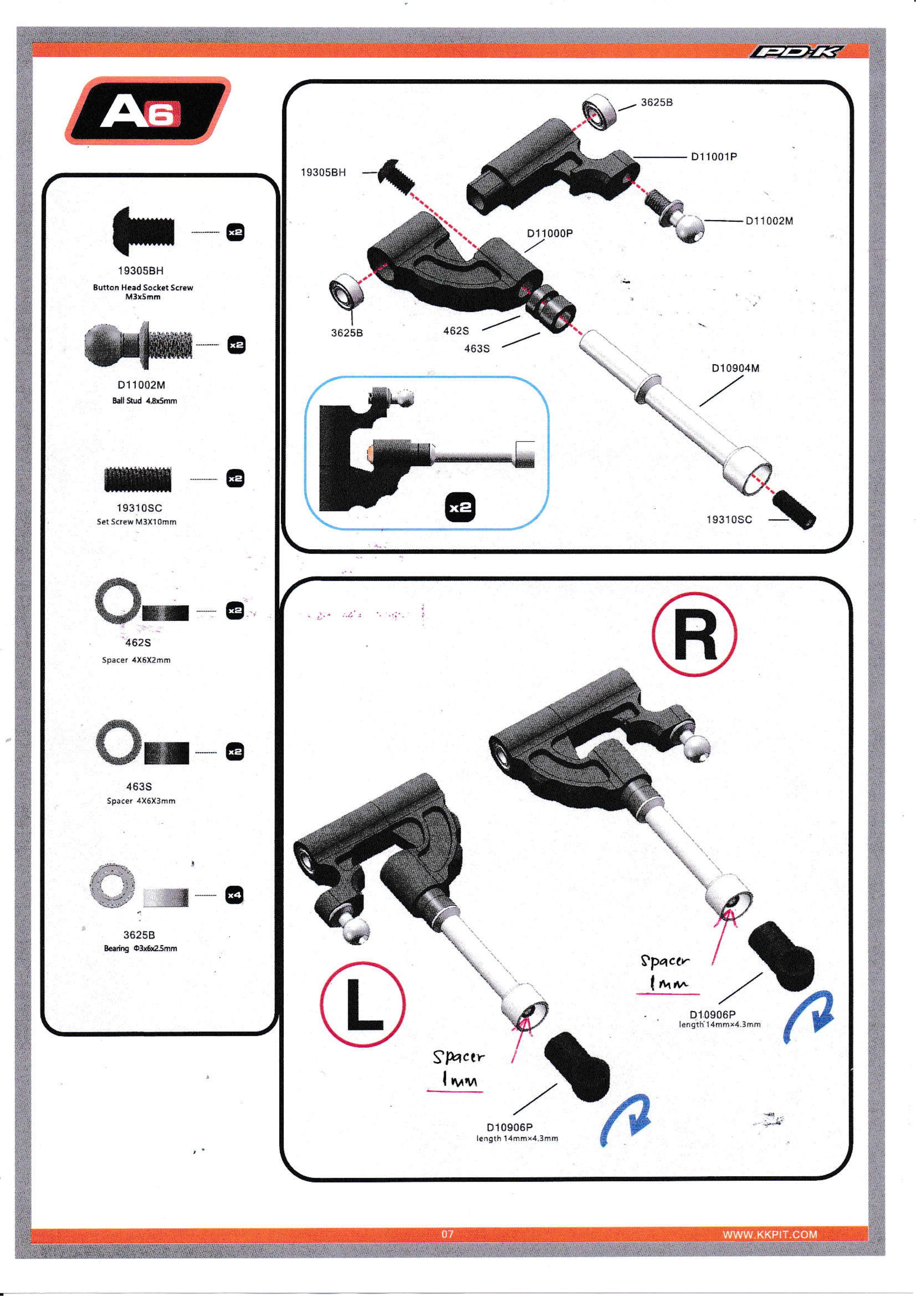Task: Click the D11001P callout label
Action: [x=714, y=157]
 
